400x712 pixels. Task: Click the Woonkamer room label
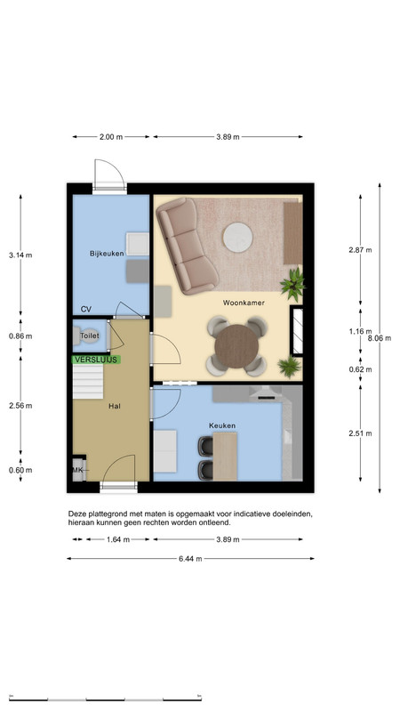(x=244, y=303)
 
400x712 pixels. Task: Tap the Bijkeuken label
(x=107, y=254)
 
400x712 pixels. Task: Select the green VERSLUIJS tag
(x=96, y=360)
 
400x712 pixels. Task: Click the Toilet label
(x=90, y=336)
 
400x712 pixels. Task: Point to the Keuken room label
(x=222, y=425)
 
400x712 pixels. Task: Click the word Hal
(x=115, y=407)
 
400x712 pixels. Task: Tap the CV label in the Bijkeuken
(x=85, y=309)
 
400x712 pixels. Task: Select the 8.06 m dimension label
(x=380, y=338)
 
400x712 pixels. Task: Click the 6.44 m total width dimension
(x=190, y=559)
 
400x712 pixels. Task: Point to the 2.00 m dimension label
(x=111, y=137)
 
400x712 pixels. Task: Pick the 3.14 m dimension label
(x=20, y=255)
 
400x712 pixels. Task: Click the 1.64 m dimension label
(x=118, y=539)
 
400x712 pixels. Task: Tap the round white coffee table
(x=237, y=237)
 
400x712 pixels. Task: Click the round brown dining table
(x=236, y=346)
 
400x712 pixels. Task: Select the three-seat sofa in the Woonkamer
(x=187, y=246)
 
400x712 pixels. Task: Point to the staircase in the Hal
(x=88, y=382)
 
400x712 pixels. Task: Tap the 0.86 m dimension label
(x=20, y=336)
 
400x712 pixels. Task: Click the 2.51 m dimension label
(x=360, y=433)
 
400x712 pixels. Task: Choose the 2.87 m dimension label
(x=360, y=250)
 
